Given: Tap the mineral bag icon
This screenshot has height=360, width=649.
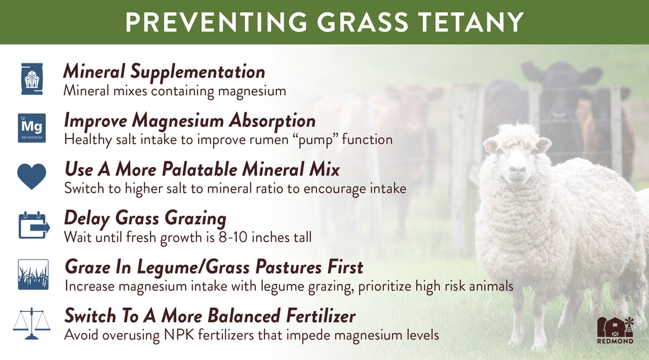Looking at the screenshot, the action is [32, 79].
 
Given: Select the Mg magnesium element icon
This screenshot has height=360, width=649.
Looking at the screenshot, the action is [31, 128].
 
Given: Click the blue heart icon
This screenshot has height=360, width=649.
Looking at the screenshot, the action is [31, 176].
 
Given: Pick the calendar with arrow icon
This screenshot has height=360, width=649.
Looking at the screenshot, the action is [34, 225].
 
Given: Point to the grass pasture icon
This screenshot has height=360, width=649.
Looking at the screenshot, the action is [33, 274].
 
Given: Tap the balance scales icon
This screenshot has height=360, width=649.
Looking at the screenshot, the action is [31, 323].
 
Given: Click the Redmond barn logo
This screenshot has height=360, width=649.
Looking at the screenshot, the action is [615, 330].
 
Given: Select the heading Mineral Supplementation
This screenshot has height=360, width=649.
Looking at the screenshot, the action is [164, 72].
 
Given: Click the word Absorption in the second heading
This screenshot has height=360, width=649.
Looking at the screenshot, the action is [272, 121].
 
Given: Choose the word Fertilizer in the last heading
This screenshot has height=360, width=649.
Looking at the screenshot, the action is [321, 316].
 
